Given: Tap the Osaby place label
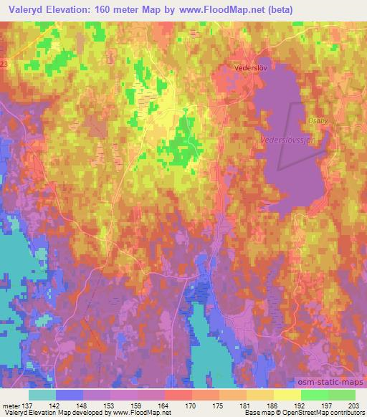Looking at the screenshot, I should [318, 121].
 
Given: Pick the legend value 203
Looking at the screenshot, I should [355, 406].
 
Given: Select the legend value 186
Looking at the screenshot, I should [273, 406].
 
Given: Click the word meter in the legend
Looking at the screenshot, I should [11, 406].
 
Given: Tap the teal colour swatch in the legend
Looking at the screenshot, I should [42, 395].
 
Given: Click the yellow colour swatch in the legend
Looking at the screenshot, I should [287, 395].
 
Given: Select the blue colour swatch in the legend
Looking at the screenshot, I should [70, 395].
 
